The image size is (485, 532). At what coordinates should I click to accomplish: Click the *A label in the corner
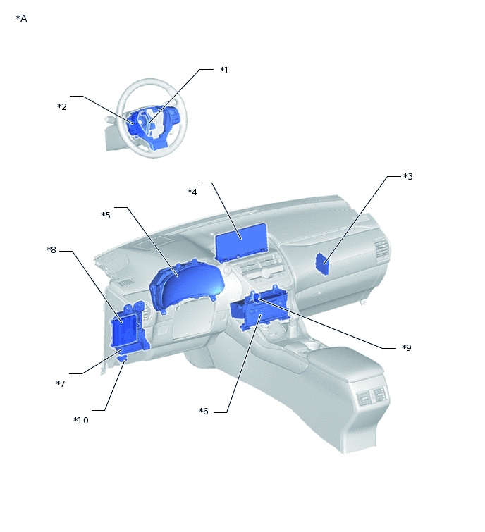pyautogui.click(x=21, y=18)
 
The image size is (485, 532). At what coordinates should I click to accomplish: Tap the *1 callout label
pyautogui.click(x=224, y=70)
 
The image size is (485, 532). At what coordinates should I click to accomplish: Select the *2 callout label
pyautogui.click(x=62, y=106)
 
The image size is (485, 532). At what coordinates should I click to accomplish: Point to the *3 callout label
pyautogui.click(x=408, y=176)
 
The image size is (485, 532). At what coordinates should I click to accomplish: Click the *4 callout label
pyautogui.click(x=192, y=192)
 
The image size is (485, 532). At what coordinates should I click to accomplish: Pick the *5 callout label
pyautogui.click(x=106, y=215)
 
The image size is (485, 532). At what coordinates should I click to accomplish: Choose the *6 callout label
pyautogui.click(x=204, y=412)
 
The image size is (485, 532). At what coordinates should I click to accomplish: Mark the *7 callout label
pyautogui.click(x=61, y=383)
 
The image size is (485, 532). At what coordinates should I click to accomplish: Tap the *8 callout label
pyautogui.click(x=51, y=250)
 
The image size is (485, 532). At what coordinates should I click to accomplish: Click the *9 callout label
pyautogui.click(x=407, y=347)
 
